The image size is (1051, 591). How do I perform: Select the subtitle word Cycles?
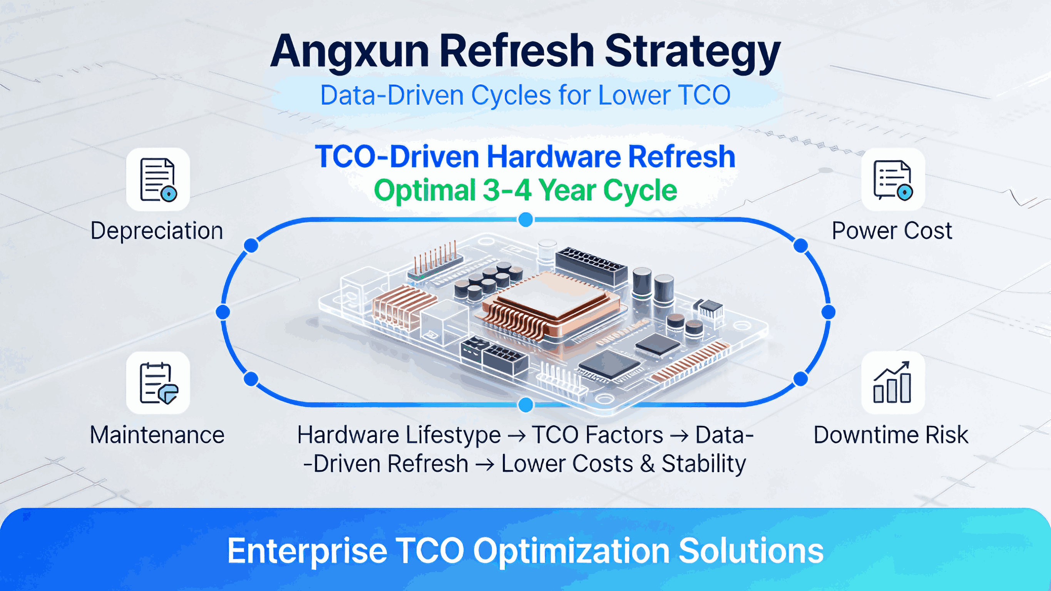pyautogui.click(x=511, y=95)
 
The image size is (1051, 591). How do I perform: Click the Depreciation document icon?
pyautogui.click(x=158, y=179)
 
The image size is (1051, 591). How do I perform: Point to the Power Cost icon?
pyautogui.click(x=893, y=179)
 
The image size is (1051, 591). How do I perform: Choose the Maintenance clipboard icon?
pyautogui.click(x=158, y=383)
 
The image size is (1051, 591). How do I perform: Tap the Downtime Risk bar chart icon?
pyautogui.click(x=893, y=383)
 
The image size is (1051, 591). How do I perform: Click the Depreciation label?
pyautogui.click(x=157, y=231)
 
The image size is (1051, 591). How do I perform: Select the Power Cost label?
pyautogui.click(x=892, y=231)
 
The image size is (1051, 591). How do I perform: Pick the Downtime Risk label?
pyautogui.click(x=891, y=435)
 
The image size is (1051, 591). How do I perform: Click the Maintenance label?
pyautogui.click(x=157, y=435)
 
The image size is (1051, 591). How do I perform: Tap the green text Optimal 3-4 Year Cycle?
pyautogui.click(x=525, y=191)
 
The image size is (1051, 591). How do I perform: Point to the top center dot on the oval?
pyautogui.click(x=525, y=220)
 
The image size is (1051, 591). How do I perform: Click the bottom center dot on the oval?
pyautogui.click(x=525, y=405)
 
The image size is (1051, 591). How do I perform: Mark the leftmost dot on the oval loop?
pyautogui.click(x=223, y=312)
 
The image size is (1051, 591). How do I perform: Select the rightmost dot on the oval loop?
pyautogui.click(x=828, y=312)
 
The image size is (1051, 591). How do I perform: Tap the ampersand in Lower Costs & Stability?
pyautogui.click(x=647, y=464)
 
